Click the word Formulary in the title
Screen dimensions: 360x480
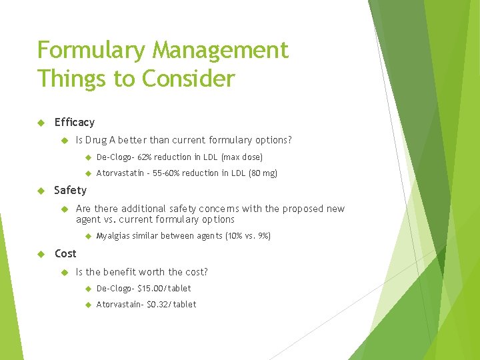91,51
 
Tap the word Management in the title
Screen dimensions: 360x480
221,51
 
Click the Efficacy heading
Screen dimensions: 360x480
74,123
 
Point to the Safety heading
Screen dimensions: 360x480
70,191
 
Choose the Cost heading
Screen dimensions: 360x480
65,254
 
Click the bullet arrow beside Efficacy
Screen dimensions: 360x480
41,123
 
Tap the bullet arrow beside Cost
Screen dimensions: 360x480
41,254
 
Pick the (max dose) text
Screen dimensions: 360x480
242,157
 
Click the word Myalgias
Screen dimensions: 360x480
113,236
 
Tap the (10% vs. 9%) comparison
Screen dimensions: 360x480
249,236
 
